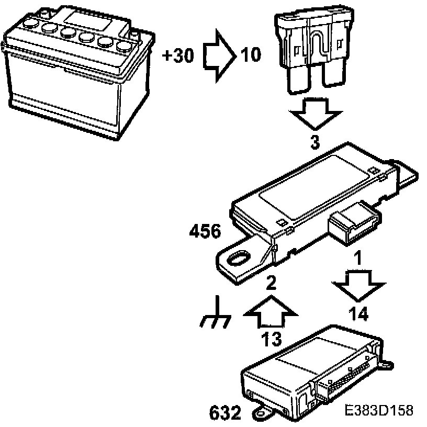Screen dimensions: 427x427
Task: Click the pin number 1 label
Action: (358, 257)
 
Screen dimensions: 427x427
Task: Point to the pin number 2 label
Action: (271, 283)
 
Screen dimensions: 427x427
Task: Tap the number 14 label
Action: (359, 313)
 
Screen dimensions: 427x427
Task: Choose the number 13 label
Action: (272, 339)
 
